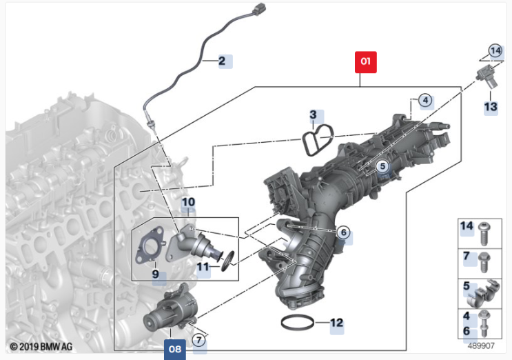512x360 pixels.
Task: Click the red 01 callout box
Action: tap(366, 62)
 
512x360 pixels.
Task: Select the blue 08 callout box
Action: tap(175, 349)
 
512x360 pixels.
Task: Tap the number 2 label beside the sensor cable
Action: tap(222, 61)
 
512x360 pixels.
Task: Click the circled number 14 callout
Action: tap(495, 51)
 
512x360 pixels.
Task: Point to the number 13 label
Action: tap(491, 107)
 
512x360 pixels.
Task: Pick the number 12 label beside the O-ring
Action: tap(337, 323)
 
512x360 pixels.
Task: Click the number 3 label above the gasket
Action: tap(313, 114)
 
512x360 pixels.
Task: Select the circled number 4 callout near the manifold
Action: tap(425, 100)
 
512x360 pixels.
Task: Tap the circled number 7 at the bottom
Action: tap(199, 341)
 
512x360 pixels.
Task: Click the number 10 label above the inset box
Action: tap(188, 202)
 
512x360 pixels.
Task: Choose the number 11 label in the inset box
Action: tap(203, 267)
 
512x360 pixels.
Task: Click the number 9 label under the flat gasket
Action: tap(156, 274)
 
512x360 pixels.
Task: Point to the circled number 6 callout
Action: tap(343, 232)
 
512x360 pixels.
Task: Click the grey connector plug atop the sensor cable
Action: tap(260, 8)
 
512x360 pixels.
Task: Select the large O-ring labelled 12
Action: tap(298, 323)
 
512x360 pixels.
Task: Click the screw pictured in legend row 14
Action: tap(484, 233)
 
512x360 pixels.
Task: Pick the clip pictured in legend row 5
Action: tap(484, 293)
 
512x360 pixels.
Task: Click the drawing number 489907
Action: tap(481, 346)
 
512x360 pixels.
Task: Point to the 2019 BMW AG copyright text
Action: tap(41, 346)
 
